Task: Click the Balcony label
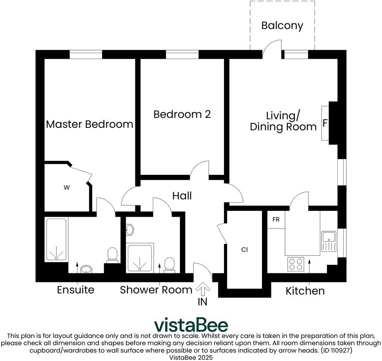282,25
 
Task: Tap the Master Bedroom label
90,124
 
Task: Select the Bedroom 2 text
182,114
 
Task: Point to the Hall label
182,196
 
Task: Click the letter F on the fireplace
325,123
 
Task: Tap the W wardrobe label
66,187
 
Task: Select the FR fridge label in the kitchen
276,220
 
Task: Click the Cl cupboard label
244,250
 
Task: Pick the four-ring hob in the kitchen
296,264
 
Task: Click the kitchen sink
329,241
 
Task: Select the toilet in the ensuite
112,255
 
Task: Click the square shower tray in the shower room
140,259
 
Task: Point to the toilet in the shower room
169,265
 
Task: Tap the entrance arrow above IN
203,289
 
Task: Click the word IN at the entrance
203,302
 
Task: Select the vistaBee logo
191,325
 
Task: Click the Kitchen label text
305,291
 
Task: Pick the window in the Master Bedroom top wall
86,54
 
